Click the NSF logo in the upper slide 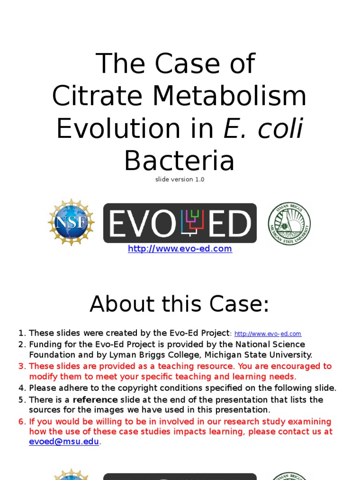[71, 222]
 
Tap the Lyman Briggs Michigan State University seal [289, 224]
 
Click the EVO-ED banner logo [180, 223]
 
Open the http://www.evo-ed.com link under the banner [180, 249]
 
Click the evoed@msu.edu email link [64, 442]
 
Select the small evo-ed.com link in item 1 [268, 334]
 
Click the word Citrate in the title [97, 96]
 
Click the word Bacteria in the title [180, 161]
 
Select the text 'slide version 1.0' [180, 180]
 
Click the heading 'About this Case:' [180, 304]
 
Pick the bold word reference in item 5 [95, 400]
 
